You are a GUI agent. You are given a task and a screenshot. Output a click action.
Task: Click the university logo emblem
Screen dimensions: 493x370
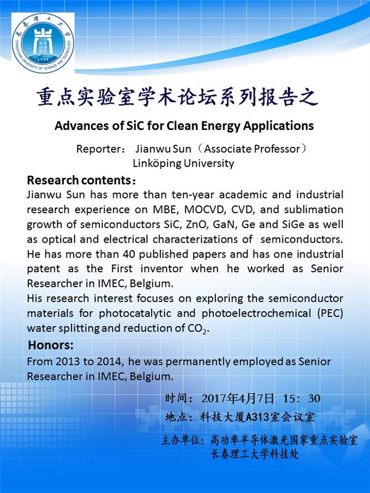tap(43, 42)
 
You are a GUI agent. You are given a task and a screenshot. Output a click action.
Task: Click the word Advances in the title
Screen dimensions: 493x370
tap(80, 126)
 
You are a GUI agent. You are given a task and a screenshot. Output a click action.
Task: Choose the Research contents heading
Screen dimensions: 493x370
tap(81, 181)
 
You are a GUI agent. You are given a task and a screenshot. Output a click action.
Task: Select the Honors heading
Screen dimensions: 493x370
tap(51, 345)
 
